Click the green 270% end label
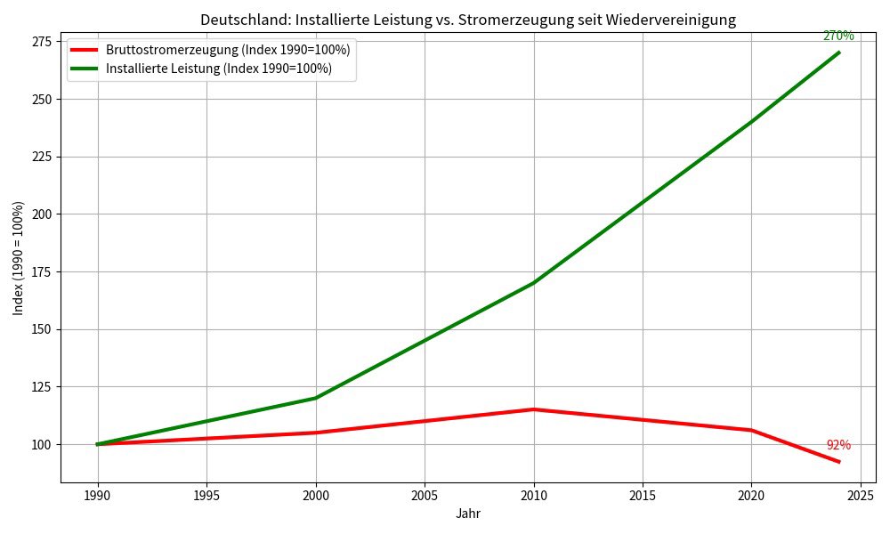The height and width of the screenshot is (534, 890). pos(837,36)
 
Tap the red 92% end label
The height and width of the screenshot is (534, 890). pos(837,445)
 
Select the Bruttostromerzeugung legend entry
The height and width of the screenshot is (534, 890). pos(227,50)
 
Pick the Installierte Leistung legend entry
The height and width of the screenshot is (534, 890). pos(218,69)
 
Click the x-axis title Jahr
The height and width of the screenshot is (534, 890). pos(468,514)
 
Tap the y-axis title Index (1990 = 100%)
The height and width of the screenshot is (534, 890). pos(19,258)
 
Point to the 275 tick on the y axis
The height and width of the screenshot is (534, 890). pos(41,41)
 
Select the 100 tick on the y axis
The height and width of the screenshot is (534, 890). pos(41,444)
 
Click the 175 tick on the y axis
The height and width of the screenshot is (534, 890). pos(41,271)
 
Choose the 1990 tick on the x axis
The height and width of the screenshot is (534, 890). pos(98,495)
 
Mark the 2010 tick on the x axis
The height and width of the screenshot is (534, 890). pos(533,495)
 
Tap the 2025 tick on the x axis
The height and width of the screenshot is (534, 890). pos(860,495)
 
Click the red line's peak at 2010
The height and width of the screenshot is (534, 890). pos(533,409)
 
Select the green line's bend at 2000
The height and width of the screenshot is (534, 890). pos(316,398)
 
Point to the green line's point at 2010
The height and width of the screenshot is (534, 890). pos(533,283)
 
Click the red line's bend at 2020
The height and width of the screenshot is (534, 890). pos(751,430)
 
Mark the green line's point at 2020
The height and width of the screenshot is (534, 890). pos(751,122)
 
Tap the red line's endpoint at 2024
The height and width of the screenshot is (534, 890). pos(838,462)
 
